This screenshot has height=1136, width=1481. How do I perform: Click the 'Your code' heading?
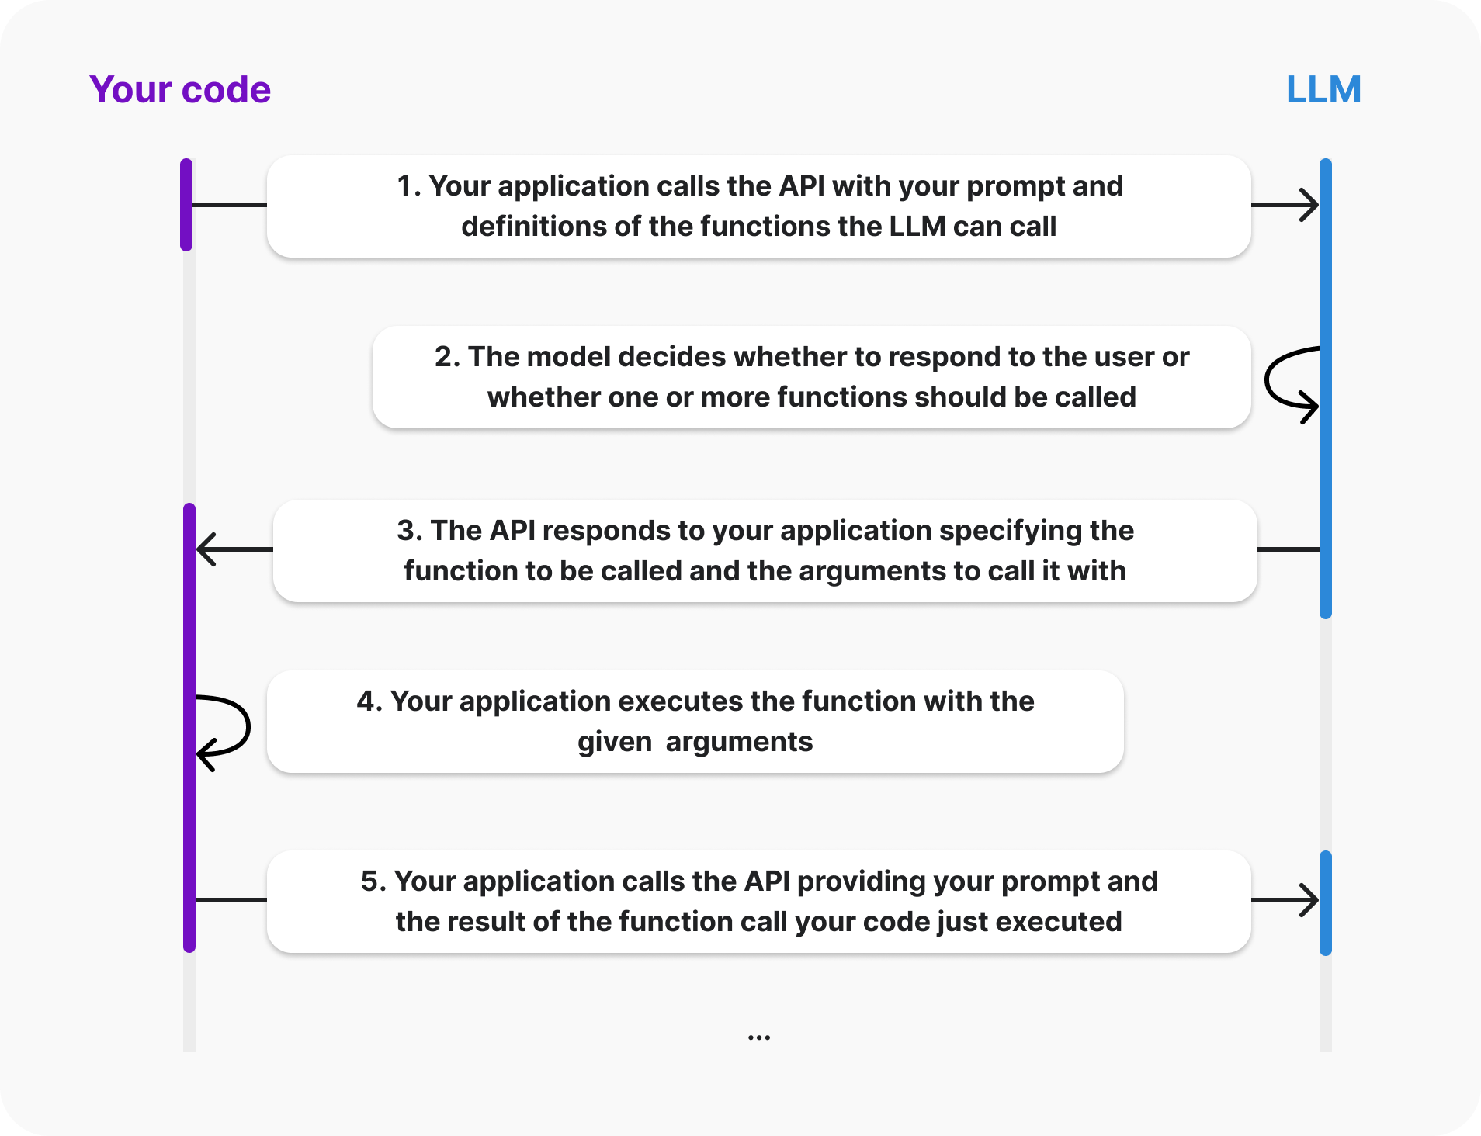click(180, 90)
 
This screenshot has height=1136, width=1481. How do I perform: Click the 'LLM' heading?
click(1323, 90)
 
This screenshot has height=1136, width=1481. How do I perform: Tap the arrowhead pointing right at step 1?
click(1310, 206)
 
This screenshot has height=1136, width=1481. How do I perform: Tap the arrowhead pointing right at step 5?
click(1310, 900)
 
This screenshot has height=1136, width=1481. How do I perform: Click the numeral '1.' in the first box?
click(409, 186)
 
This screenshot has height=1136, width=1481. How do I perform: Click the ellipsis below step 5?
click(758, 1037)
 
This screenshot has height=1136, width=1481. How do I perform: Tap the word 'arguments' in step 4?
click(739, 743)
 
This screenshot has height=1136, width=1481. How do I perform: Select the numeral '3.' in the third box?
click(409, 531)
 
